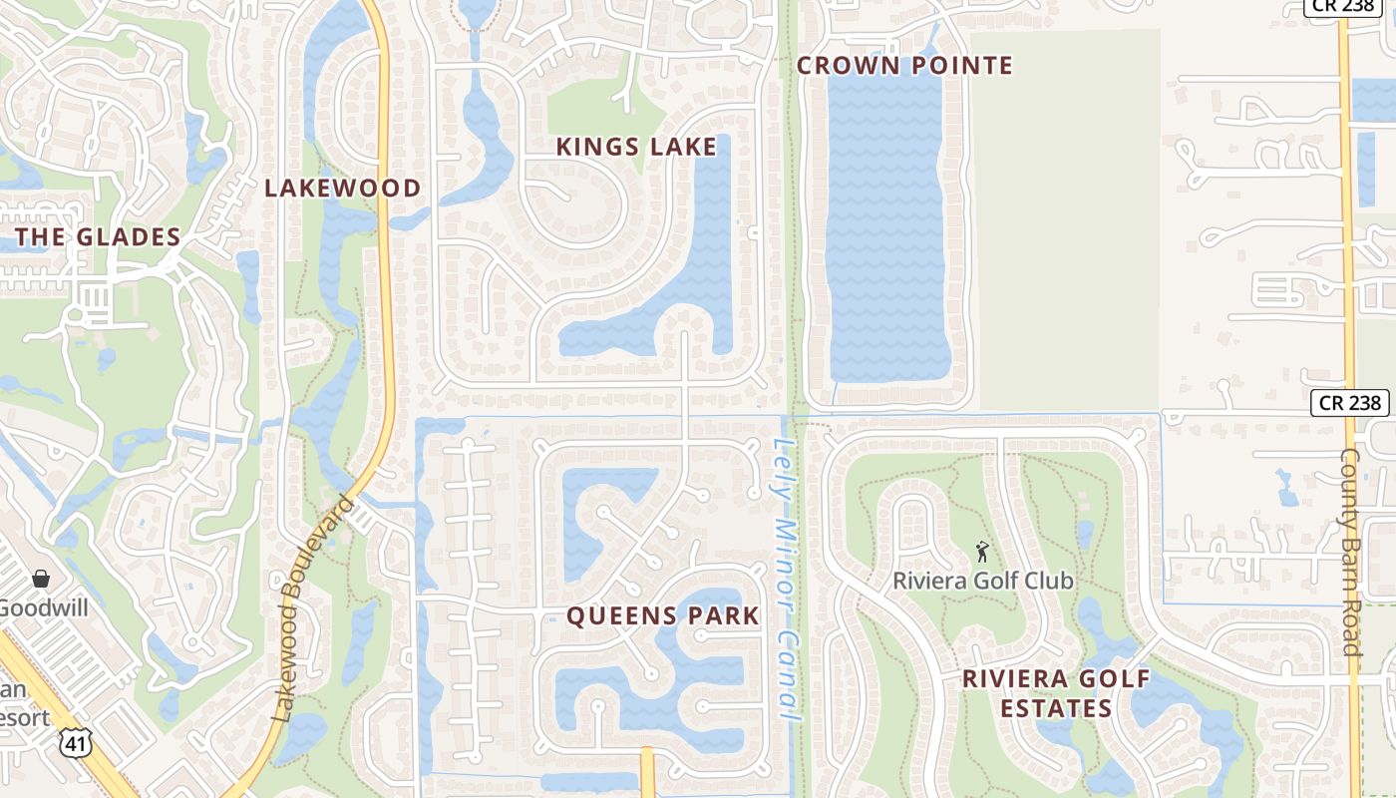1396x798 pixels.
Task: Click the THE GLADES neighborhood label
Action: (x=98, y=237)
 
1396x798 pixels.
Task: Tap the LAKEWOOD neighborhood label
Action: (x=342, y=188)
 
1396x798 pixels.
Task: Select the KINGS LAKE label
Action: (x=636, y=147)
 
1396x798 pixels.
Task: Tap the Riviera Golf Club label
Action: (x=983, y=581)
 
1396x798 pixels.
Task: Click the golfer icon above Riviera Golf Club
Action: (x=982, y=552)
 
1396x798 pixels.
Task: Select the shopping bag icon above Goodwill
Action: (x=42, y=579)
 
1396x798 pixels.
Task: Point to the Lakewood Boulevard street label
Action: (x=313, y=606)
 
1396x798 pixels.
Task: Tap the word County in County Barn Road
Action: (x=1350, y=489)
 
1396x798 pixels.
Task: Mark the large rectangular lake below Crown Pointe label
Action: (x=885, y=229)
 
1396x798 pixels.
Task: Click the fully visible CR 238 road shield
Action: (x=1348, y=402)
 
